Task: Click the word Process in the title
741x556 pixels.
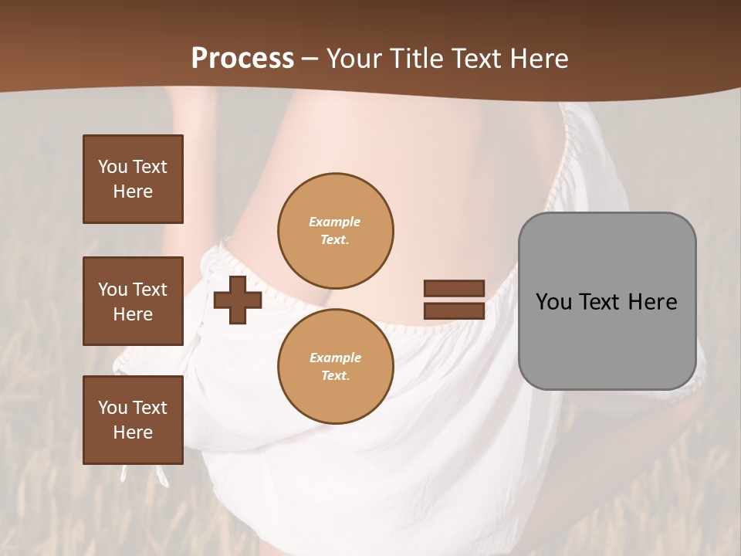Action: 242,58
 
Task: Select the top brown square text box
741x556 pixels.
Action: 133,179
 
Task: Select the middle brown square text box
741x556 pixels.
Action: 133,301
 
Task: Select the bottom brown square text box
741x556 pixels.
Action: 133,420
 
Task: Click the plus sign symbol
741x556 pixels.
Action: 238,300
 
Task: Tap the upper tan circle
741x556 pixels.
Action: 335,231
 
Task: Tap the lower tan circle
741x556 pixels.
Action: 335,367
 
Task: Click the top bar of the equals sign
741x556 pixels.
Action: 454,288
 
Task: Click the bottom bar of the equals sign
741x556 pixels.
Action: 454,310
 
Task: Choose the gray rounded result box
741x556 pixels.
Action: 607,301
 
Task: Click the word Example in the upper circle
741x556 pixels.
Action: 335,222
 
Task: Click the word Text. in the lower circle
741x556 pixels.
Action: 335,376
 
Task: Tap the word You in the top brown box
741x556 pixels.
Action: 112,167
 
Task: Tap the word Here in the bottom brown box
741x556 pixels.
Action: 133,432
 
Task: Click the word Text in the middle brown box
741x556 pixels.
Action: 149,290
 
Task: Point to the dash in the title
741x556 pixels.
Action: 310,58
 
